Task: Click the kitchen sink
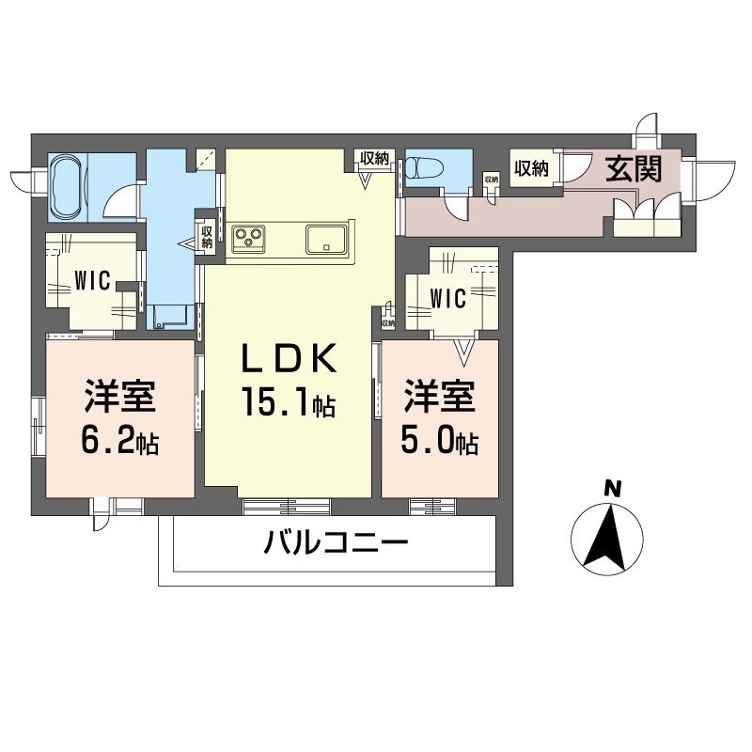click(x=328, y=238)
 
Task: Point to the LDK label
click(x=288, y=360)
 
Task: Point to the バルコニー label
click(x=336, y=543)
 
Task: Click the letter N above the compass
click(x=612, y=488)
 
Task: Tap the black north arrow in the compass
click(x=606, y=538)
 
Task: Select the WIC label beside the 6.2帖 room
click(x=94, y=280)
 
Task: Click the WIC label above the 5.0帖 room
click(x=447, y=299)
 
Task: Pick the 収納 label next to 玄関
click(x=531, y=169)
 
